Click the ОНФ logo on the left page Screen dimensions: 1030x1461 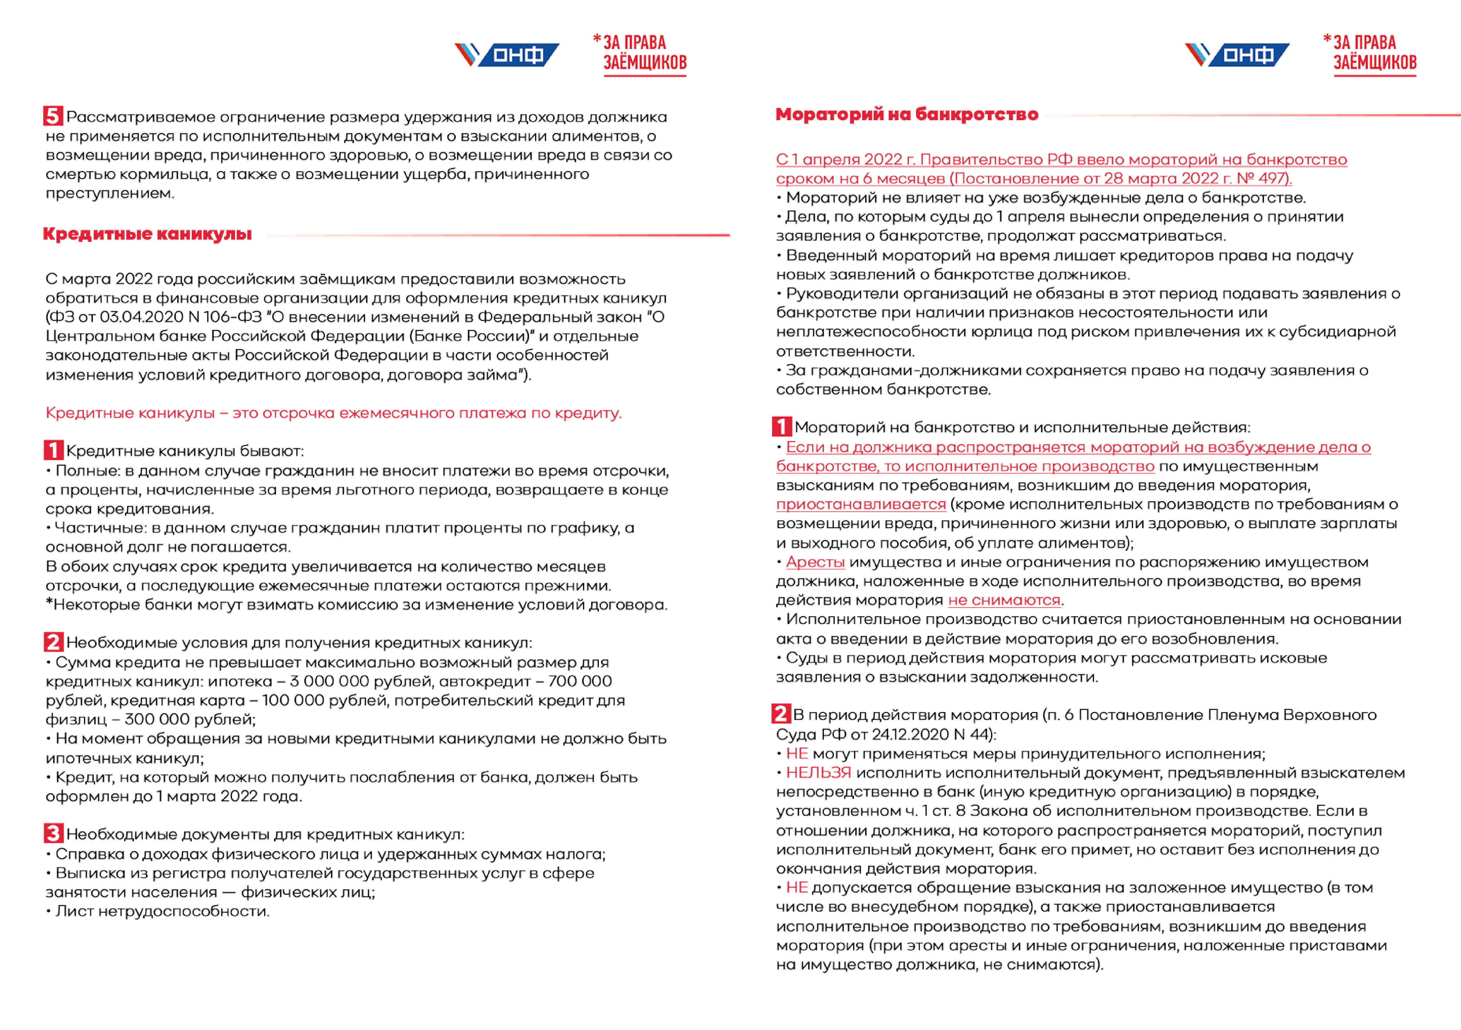coord(507,55)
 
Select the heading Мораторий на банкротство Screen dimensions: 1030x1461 coord(907,114)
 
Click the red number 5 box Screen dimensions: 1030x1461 coord(53,116)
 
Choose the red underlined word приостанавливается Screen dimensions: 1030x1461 coord(861,504)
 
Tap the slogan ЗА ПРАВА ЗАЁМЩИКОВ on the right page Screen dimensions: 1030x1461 coord(1374,53)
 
